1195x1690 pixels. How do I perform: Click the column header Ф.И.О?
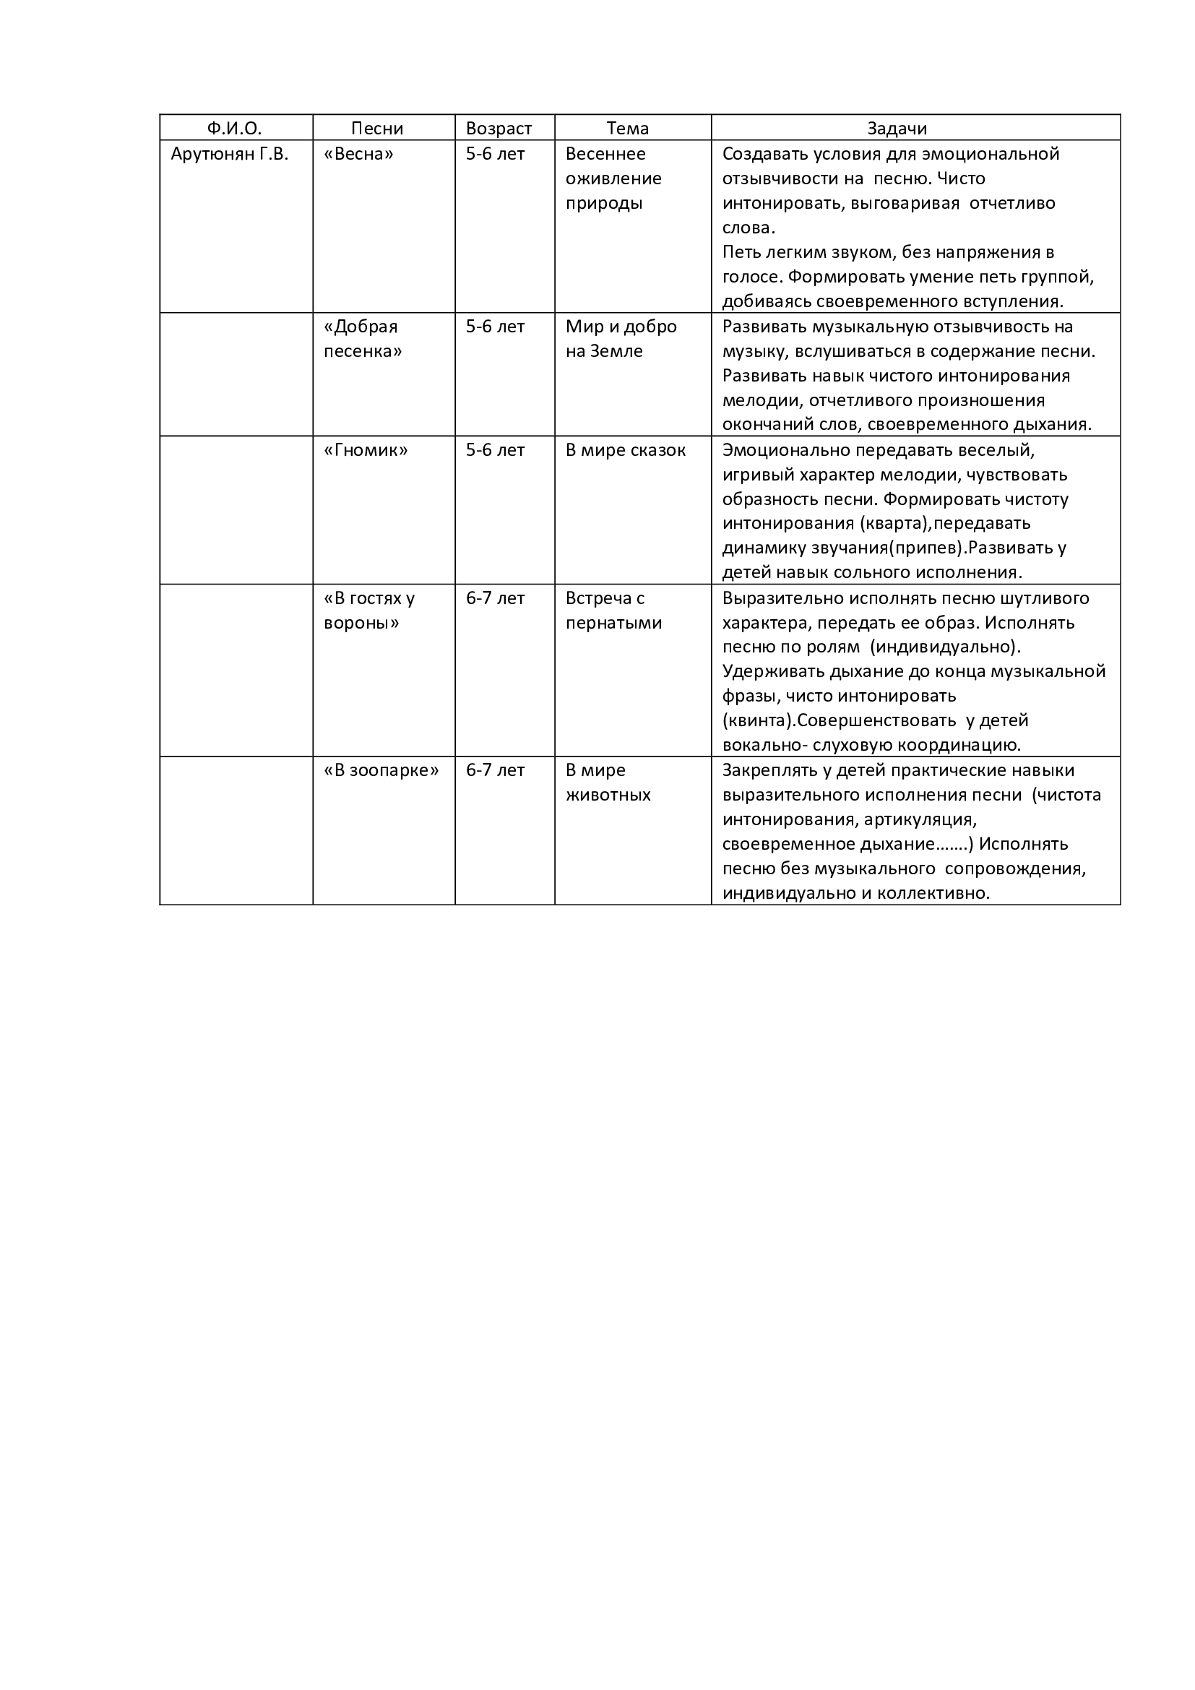(x=234, y=129)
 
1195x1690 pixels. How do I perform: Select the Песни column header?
(x=376, y=129)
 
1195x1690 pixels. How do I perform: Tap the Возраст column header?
(x=499, y=129)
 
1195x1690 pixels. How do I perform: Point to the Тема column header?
(x=628, y=129)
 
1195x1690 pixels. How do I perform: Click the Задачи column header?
(x=897, y=129)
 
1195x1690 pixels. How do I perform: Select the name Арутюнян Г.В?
(x=230, y=155)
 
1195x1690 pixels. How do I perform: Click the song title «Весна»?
(x=358, y=155)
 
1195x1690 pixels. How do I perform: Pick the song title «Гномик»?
(x=366, y=450)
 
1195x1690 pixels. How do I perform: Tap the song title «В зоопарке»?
(x=381, y=771)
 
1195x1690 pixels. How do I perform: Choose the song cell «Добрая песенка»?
(x=363, y=339)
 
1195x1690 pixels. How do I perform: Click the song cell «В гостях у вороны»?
(x=368, y=611)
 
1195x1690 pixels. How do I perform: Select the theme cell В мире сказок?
(x=626, y=450)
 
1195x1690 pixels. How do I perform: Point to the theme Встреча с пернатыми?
(x=613, y=611)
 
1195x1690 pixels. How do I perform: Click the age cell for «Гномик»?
(x=495, y=450)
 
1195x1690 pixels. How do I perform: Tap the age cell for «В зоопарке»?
(x=495, y=771)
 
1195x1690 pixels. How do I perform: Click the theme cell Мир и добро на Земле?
(x=621, y=339)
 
